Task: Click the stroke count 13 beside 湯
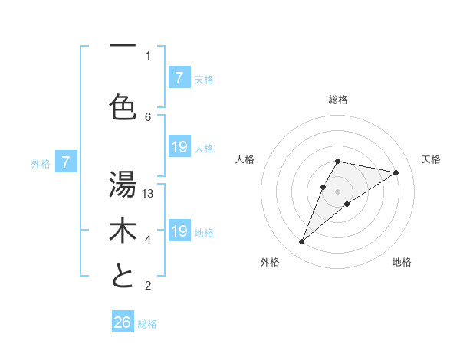[149, 193]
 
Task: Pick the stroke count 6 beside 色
[149, 116]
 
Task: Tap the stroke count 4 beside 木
[149, 240]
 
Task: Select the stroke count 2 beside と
[149, 286]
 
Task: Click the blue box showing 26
[123, 322]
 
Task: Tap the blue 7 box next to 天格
[179, 77]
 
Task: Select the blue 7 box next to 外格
[66, 162]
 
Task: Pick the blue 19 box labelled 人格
[179, 147]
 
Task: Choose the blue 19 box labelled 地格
[179, 231]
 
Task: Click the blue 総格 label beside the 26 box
[147, 324]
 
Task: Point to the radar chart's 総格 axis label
[338, 100]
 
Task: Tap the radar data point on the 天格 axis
[396, 172]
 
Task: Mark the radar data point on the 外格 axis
[302, 242]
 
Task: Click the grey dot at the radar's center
[337, 191]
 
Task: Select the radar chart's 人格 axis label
[245, 159]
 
